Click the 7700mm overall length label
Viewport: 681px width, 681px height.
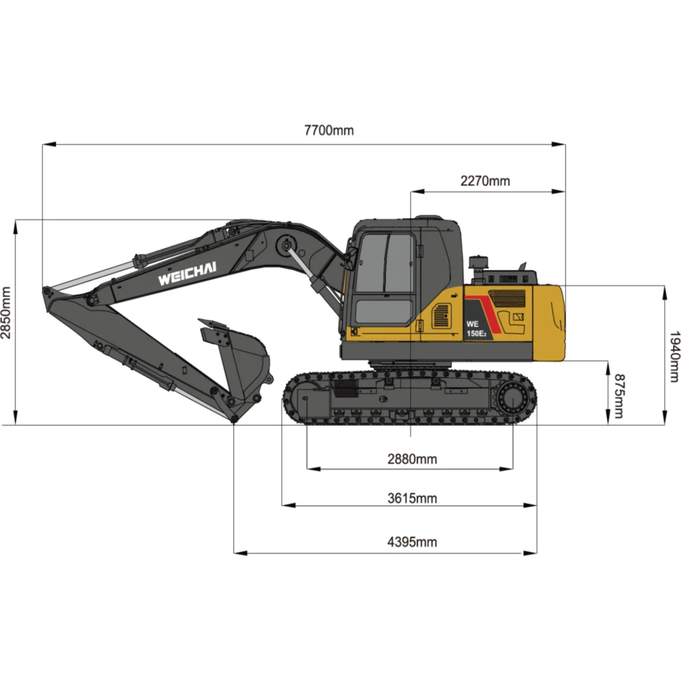pyautogui.click(x=329, y=130)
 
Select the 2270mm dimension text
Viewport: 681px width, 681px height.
pyautogui.click(x=485, y=181)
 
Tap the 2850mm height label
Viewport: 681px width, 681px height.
pyautogui.click(x=5, y=313)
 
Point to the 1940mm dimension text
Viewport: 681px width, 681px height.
pyautogui.click(x=674, y=356)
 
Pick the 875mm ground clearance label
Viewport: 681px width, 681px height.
pyautogui.click(x=618, y=396)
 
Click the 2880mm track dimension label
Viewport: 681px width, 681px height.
pyautogui.click(x=412, y=459)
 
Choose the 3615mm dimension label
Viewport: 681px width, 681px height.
pyautogui.click(x=412, y=498)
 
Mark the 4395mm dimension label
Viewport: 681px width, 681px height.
pyautogui.click(x=412, y=542)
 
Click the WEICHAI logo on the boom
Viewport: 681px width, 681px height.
pyautogui.click(x=187, y=273)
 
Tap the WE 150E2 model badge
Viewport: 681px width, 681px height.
pyautogui.click(x=476, y=329)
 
